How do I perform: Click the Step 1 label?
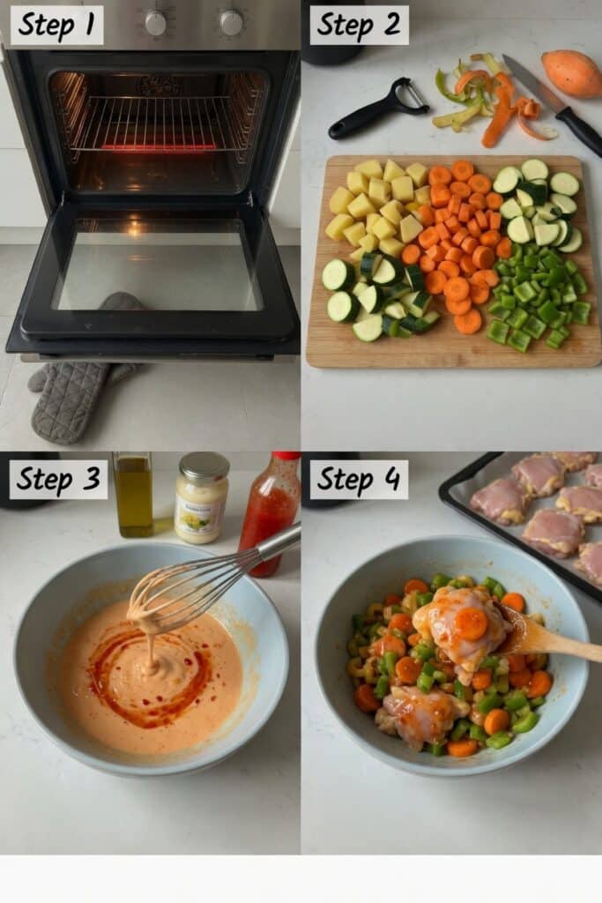pos(56,26)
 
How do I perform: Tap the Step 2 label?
pos(359,26)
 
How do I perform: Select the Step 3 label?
pos(58,480)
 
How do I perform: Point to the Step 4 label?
pos(359,480)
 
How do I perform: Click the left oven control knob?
pos(155,23)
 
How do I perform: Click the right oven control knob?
pos(231,23)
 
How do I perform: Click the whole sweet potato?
pos(572,73)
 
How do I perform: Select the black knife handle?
pos(579,130)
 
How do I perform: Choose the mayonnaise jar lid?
pos(204,466)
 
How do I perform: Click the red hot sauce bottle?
pos(268,511)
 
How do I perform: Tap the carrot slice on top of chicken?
pos(472,623)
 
